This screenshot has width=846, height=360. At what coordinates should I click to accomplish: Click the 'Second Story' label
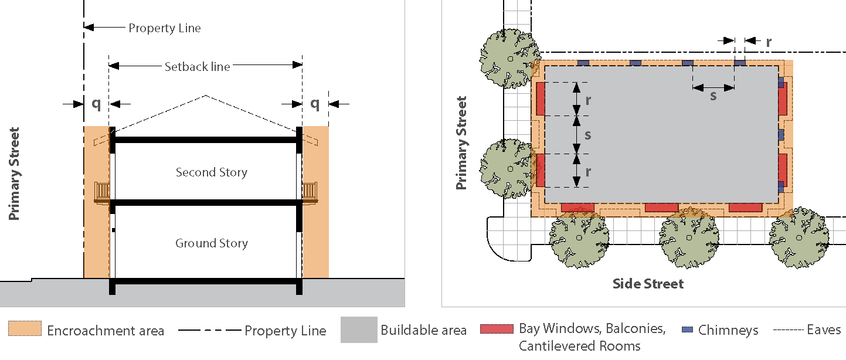212,172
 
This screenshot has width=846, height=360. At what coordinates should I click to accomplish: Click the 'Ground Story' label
212,243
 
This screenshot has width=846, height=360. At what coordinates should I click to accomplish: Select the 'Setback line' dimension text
197,66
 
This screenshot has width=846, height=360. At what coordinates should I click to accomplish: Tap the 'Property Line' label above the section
165,28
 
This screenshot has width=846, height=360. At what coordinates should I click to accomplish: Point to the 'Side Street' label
648,284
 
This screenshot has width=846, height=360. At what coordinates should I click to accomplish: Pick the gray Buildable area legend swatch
359,330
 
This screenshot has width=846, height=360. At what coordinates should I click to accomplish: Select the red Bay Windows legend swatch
497,329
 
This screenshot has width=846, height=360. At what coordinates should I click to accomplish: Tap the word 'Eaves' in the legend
824,330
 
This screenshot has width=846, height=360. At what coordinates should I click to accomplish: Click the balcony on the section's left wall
103,192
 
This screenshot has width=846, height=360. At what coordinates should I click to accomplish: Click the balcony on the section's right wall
310,192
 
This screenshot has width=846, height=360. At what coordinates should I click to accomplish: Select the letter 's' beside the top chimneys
713,96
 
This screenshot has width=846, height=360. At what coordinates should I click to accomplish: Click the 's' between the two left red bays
587,135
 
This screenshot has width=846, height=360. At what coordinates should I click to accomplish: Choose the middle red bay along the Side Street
661,208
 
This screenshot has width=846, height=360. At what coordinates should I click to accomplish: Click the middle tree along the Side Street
690,238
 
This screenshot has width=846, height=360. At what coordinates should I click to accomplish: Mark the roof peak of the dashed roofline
206,95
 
